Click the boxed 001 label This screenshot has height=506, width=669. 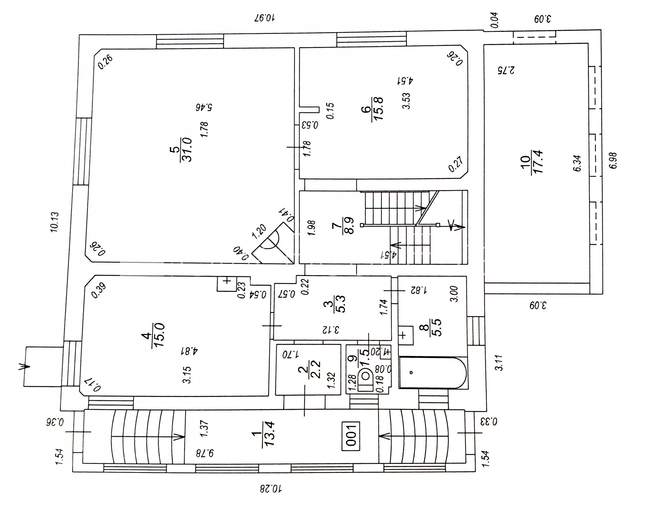[x=351, y=436]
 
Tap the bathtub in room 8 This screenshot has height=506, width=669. [x=433, y=372]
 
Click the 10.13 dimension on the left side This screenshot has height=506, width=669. [x=55, y=222]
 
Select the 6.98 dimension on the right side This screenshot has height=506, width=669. [x=613, y=161]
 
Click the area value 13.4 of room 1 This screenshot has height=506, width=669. [x=269, y=434]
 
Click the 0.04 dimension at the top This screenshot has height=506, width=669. [x=495, y=20]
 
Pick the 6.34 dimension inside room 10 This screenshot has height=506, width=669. [x=577, y=163]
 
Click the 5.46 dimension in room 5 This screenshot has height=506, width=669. [x=204, y=107]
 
